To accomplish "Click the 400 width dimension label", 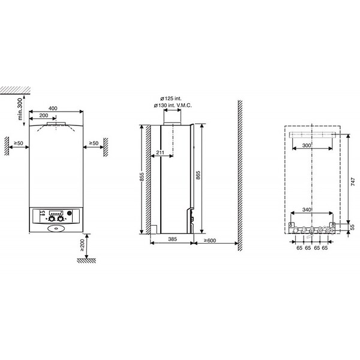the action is point(53,109).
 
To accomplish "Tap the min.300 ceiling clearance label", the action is point(20,109).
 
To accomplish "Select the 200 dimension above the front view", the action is point(44,115).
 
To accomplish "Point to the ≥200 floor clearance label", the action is point(82,245).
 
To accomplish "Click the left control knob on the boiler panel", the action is point(52,219).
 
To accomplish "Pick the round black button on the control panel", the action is point(70,213).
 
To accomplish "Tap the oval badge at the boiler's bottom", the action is point(56,229).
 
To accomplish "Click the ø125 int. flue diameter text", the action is point(171,99).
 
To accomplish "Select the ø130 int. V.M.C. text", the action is point(173,106).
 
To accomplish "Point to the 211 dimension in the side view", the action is point(160,152).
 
